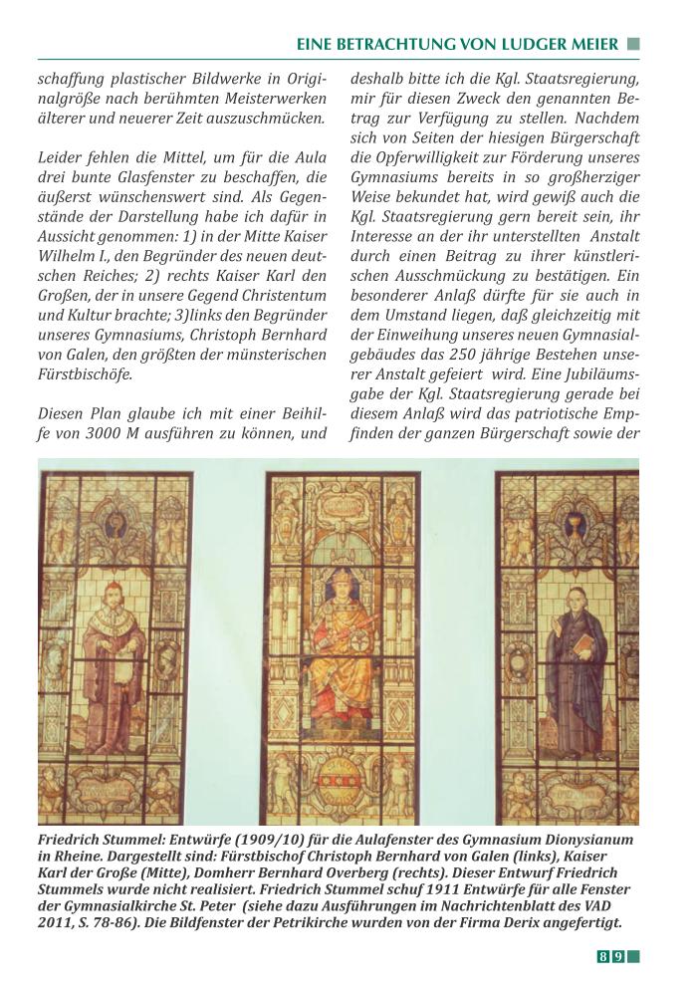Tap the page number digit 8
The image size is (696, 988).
(x=602, y=957)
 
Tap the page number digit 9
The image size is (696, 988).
(x=618, y=957)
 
